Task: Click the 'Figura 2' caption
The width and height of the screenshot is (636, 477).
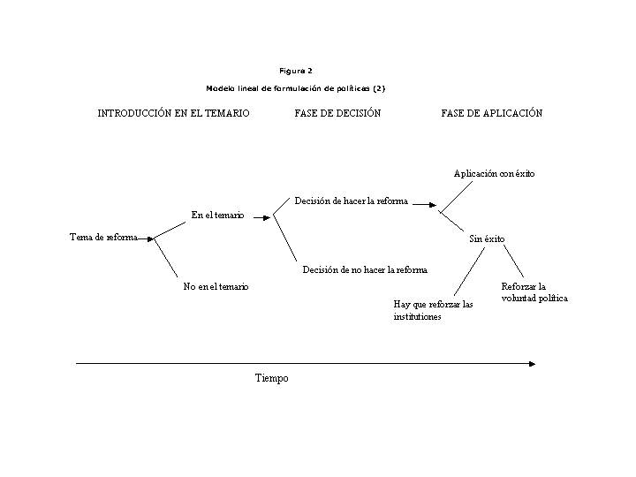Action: pos(296,71)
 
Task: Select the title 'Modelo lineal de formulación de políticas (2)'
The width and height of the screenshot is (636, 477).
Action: pos(296,88)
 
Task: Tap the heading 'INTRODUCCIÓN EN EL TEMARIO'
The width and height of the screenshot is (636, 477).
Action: pos(174,113)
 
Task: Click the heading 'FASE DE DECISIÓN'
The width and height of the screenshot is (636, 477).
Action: pos(337,113)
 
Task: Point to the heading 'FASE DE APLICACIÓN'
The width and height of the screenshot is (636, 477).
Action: pos(492,113)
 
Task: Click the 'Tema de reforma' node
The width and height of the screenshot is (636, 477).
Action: pos(104,237)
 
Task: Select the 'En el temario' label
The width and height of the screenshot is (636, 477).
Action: pos(218,215)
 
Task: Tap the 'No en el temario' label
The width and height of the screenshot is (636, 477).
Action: pos(216,286)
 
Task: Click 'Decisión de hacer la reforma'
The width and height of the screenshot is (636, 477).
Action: pos(352,201)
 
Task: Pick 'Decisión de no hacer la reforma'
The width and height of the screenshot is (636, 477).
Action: pos(365,269)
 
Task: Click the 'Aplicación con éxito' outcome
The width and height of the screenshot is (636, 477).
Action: pos(494,174)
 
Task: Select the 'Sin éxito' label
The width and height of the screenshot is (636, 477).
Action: pos(487,238)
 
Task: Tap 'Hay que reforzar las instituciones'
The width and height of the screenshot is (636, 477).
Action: pos(433,310)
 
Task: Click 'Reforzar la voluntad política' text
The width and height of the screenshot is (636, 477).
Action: pos(534,292)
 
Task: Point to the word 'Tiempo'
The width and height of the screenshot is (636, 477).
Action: pos(272,378)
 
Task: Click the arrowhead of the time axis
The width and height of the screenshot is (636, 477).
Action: pos(533,364)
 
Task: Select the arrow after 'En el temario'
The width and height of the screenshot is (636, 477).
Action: pos(262,218)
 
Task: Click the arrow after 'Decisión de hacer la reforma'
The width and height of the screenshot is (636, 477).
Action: pos(425,205)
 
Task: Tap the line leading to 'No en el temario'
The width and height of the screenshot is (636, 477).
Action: pos(166,258)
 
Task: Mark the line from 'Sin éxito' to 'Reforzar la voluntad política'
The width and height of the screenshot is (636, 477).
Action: pos(514,261)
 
